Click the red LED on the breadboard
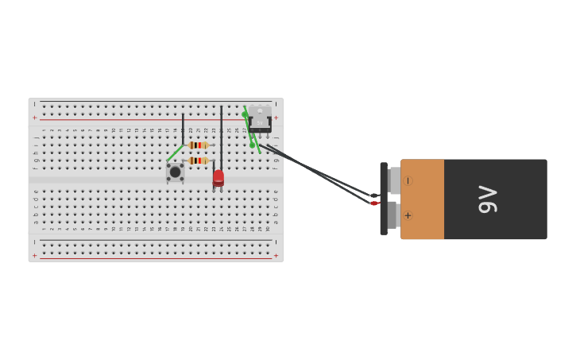coord(218,177)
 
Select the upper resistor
coord(198,145)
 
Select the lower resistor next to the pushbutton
coord(198,161)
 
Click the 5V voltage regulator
coord(259,118)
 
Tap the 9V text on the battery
coord(487,199)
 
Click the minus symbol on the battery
coord(408,181)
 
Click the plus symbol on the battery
coord(408,215)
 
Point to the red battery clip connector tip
coord(373,203)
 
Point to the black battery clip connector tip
coord(373,195)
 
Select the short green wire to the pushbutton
coord(175,153)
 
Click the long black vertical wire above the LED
coord(221,135)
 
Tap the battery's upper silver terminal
coord(395,180)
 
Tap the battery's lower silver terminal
coord(392,215)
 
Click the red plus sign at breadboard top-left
coord(34,118)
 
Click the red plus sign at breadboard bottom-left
coord(34,255)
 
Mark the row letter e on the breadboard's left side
coord(35,191)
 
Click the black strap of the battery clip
coord(384,199)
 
